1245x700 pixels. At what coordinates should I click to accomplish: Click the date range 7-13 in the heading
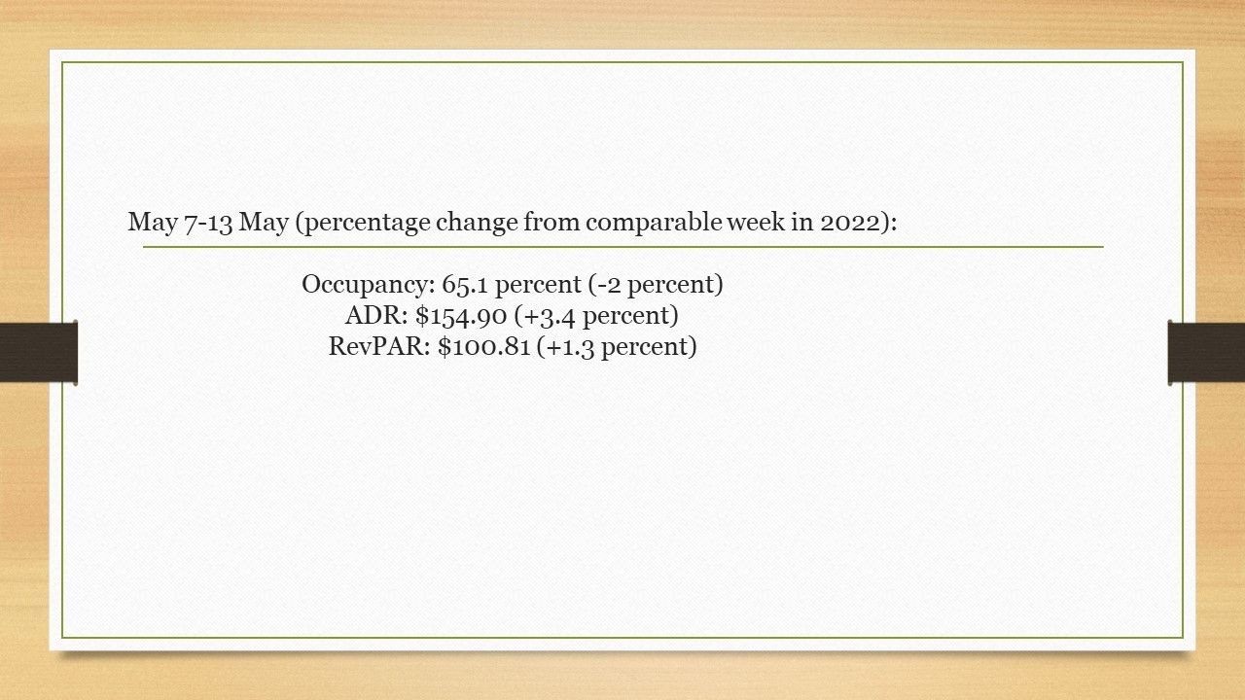[x=208, y=223]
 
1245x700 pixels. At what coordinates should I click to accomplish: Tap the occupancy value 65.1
[x=465, y=285]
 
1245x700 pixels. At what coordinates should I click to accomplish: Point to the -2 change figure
[x=608, y=285]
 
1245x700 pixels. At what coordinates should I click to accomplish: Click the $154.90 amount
[x=461, y=316]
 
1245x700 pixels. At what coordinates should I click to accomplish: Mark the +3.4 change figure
[x=550, y=317]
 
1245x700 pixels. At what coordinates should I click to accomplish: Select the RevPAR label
[x=379, y=347]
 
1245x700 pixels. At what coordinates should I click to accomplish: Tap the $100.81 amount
[x=483, y=347]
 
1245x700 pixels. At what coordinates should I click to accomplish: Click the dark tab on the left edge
[x=38, y=352]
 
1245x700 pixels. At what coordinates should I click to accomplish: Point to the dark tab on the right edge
[x=1206, y=352]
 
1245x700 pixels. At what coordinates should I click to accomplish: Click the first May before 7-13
[x=153, y=224]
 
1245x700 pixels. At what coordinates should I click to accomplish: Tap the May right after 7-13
[x=264, y=224]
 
